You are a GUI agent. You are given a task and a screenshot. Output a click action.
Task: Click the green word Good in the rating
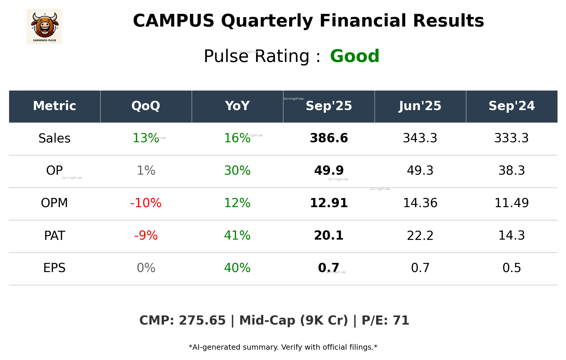pyautogui.click(x=355, y=56)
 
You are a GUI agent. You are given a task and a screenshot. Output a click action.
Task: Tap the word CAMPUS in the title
pyautogui.click(x=173, y=21)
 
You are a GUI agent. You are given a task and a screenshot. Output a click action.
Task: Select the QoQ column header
pyautogui.click(x=146, y=106)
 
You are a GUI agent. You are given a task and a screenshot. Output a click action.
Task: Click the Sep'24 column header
pyautogui.click(x=511, y=106)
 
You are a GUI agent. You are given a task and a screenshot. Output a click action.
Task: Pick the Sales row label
pyautogui.click(x=55, y=138)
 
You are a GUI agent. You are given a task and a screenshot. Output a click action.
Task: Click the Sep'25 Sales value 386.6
pyautogui.click(x=329, y=138)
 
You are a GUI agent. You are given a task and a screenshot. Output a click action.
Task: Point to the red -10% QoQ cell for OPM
pyautogui.click(x=146, y=203)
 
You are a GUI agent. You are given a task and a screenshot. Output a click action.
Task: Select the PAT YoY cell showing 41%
pyautogui.click(x=237, y=235)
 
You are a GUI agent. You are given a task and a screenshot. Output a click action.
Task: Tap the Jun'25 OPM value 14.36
pyautogui.click(x=420, y=203)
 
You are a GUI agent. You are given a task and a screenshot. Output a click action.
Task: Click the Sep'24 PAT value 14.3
pyautogui.click(x=511, y=235)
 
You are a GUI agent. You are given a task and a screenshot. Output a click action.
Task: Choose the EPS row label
pyautogui.click(x=55, y=268)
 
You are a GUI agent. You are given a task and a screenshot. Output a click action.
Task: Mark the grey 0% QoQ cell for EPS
pyautogui.click(x=146, y=268)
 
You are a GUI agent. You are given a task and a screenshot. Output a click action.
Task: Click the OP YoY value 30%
pyautogui.click(x=237, y=171)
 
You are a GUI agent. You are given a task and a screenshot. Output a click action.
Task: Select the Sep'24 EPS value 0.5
pyautogui.click(x=511, y=268)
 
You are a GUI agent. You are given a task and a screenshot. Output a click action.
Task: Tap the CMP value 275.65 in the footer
pyautogui.click(x=202, y=320)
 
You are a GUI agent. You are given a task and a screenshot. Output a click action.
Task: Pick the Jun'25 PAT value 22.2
pyautogui.click(x=420, y=235)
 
